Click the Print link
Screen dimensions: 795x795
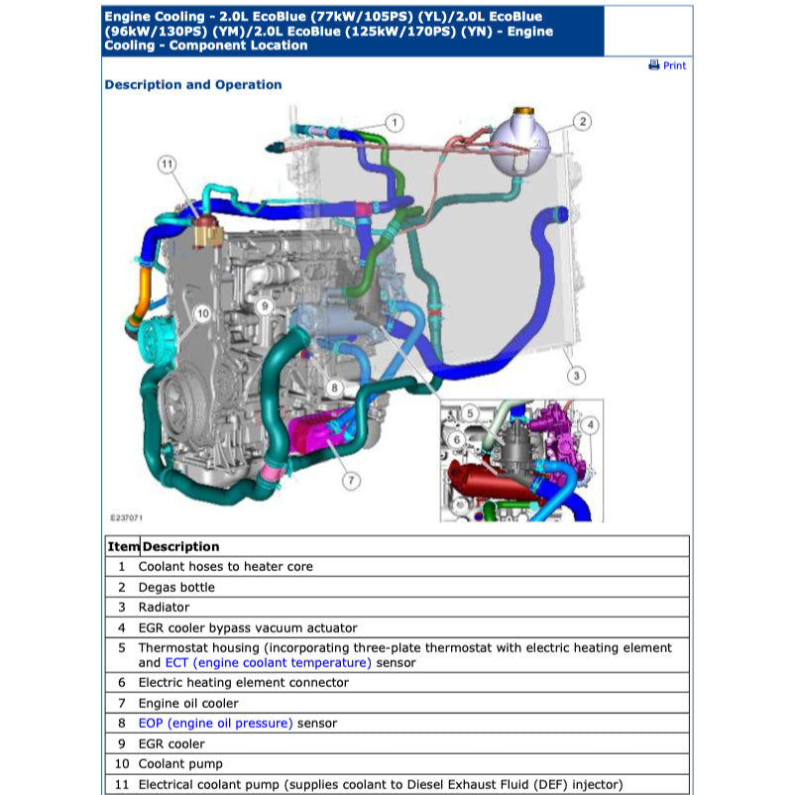click(667, 65)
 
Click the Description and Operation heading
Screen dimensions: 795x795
click(193, 85)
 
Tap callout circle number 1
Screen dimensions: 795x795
click(394, 123)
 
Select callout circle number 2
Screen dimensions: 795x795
click(583, 121)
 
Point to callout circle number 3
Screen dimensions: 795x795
click(576, 376)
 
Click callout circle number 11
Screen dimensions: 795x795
click(168, 164)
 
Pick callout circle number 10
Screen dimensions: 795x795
click(202, 313)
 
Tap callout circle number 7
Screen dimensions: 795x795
click(350, 481)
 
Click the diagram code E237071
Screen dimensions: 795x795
click(126, 517)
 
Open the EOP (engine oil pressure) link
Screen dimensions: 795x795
click(215, 724)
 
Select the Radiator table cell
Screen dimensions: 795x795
click(164, 607)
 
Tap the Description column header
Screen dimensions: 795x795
click(180, 546)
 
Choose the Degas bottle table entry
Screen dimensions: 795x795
click(176, 587)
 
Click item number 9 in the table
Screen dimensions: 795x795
click(122, 743)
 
